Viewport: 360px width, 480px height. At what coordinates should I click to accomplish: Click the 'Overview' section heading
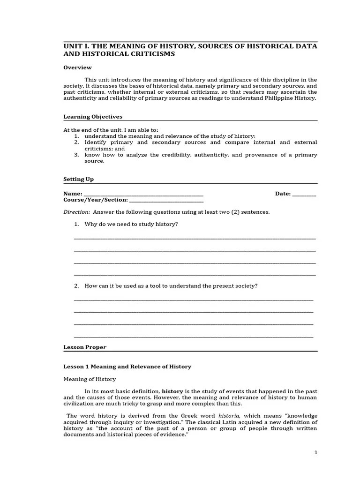click(77, 67)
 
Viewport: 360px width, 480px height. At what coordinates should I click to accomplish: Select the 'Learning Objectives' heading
click(93, 117)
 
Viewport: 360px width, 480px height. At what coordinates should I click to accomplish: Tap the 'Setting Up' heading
click(78, 179)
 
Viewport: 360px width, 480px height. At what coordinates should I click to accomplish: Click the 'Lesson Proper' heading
click(85, 347)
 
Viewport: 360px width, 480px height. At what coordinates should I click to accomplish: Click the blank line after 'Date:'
click(304, 195)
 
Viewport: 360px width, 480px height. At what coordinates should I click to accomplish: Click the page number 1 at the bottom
click(316, 452)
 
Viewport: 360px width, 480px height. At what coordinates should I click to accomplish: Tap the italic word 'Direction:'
click(77, 212)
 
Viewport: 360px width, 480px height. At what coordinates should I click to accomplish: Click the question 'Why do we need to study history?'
click(131, 224)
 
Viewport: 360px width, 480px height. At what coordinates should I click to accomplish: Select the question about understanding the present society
click(171, 286)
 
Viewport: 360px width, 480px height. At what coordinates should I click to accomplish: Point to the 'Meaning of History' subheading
click(90, 379)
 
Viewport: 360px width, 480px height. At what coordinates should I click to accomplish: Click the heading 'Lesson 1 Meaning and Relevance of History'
click(127, 367)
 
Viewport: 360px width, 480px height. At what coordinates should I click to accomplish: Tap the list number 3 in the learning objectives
click(76, 155)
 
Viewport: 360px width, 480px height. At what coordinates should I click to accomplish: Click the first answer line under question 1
click(195, 238)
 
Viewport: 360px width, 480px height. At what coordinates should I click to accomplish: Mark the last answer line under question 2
click(194, 336)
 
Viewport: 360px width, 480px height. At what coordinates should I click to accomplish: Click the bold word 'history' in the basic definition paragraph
click(172, 391)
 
